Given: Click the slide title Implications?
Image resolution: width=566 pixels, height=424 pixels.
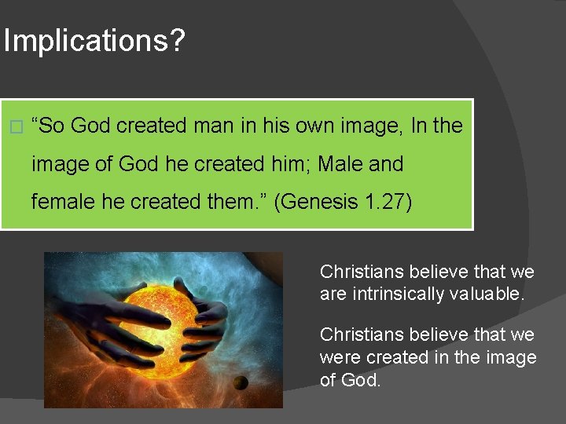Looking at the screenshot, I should coord(94,41).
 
